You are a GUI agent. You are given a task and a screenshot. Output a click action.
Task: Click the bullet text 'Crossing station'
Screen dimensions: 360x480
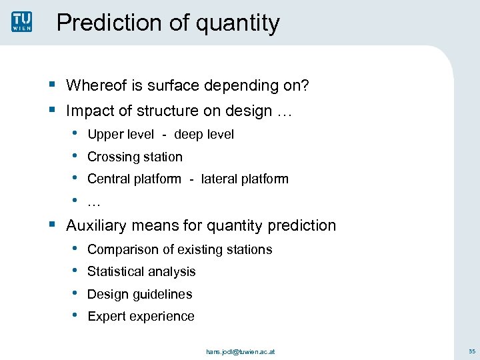pos(135,157)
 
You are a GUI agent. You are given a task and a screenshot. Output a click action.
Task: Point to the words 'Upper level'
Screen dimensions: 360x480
pos(121,135)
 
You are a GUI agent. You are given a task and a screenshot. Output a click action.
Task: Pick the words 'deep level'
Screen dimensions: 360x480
pos(204,135)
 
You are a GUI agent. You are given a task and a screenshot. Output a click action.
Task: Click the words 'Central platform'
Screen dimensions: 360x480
pos(134,179)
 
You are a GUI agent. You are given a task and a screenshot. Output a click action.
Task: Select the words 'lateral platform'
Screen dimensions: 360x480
pos(245,179)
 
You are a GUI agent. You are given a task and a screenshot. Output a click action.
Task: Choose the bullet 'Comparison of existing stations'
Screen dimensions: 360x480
pos(179,249)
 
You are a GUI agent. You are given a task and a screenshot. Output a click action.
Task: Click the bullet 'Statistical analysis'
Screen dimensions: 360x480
pos(141,271)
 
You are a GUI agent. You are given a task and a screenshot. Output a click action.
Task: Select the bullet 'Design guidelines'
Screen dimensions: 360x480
pos(139,294)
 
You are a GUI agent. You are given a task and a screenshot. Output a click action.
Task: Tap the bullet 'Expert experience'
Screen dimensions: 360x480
pos(141,316)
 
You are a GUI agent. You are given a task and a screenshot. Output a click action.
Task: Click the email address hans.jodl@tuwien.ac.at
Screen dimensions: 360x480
pos(239,351)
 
